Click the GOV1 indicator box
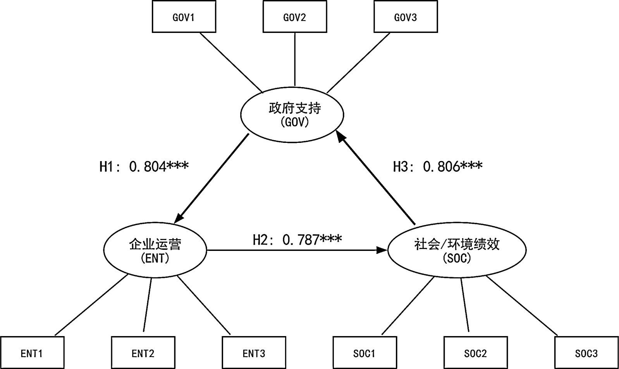point(184,17)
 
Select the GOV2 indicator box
point(295,17)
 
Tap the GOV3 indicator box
point(406,17)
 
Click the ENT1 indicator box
point(32,353)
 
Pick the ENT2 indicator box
point(143,353)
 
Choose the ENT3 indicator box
point(254,353)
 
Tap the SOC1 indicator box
point(365,353)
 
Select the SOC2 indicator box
point(475,353)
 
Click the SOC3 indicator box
point(586,353)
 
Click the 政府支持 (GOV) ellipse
point(292,115)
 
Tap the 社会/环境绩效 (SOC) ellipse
point(457,250)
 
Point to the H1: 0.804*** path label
point(144,166)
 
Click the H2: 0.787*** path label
point(297,240)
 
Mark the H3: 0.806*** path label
point(438,166)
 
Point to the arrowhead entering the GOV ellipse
point(340,135)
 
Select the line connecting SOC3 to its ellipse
point(522,305)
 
